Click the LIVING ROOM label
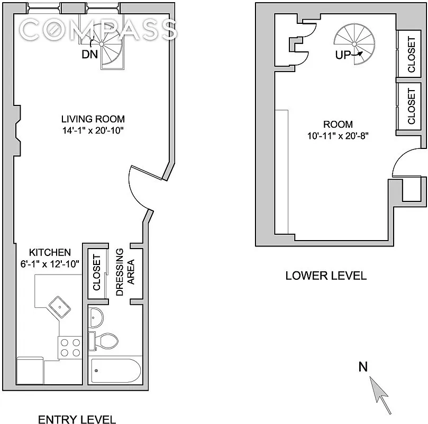tap(93, 119)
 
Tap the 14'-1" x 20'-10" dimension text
tap(93, 129)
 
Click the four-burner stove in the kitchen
tap(69, 347)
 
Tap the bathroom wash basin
tap(96, 318)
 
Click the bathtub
tap(115, 373)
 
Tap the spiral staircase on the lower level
tap(353, 44)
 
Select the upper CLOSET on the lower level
tap(411, 55)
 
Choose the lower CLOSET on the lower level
tap(411, 106)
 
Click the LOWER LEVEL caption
tap(325, 276)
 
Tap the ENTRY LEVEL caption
tap(77, 420)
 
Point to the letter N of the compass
tap(363, 366)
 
